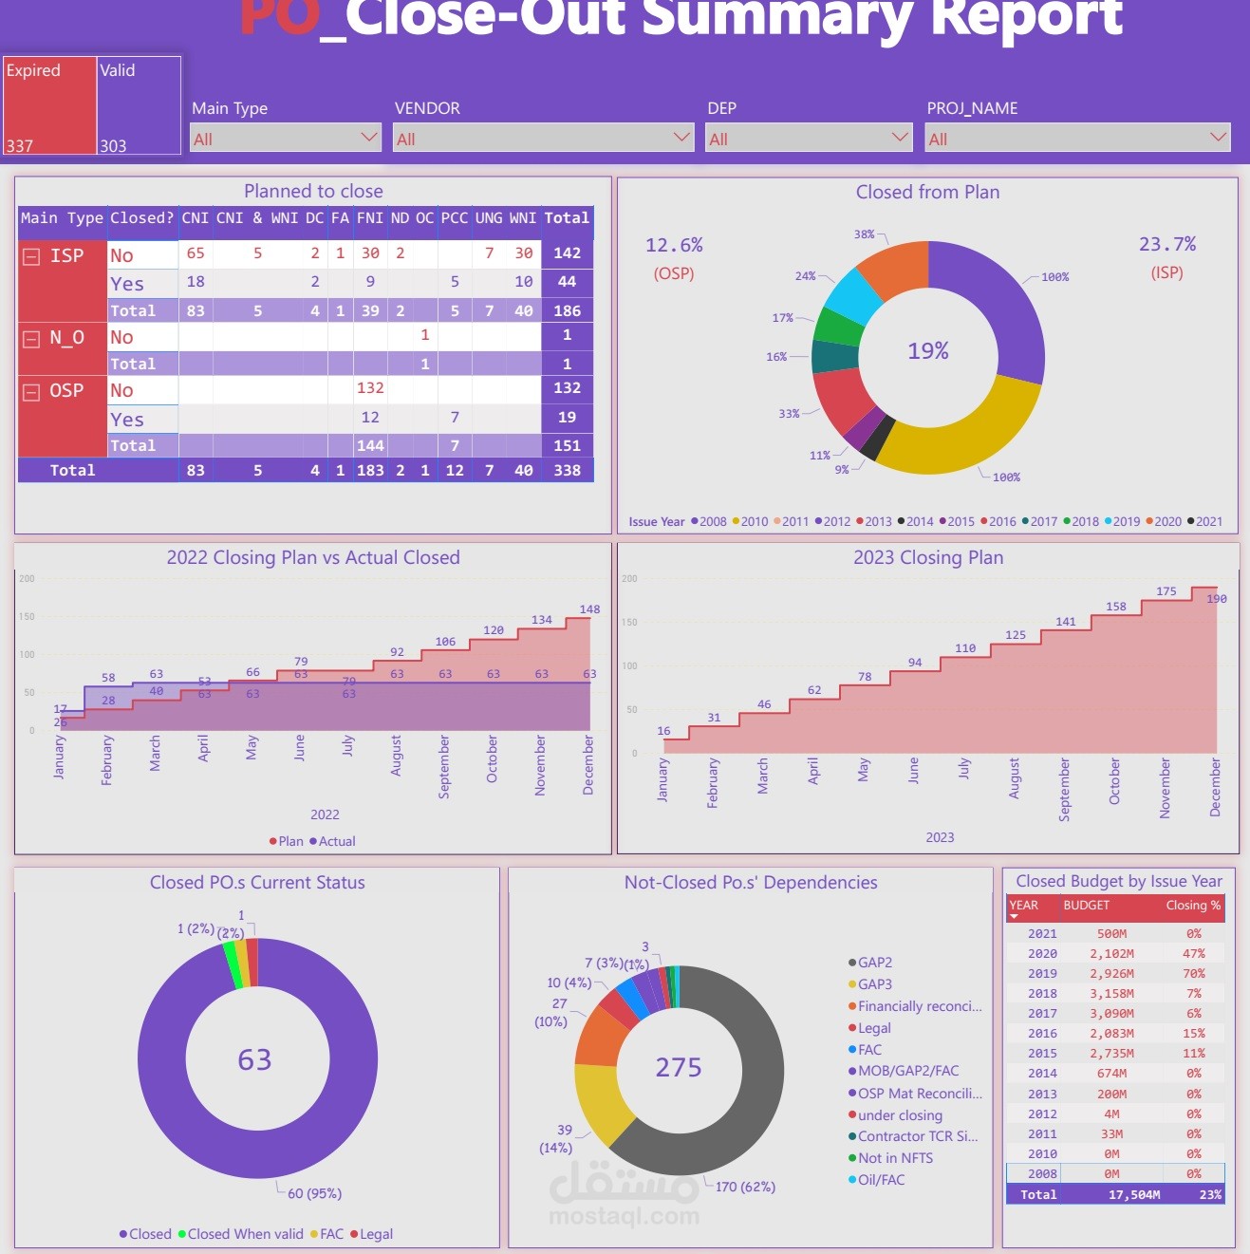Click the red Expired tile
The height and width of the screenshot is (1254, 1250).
tap(49, 105)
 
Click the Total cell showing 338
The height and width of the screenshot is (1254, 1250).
tap(567, 470)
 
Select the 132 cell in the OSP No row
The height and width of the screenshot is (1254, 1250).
tap(370, 388)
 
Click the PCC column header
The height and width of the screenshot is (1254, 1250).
tap(455, 218)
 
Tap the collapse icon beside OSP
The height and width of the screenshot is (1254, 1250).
tap(31, 392)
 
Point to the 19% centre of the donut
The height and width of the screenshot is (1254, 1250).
tap(928, 351)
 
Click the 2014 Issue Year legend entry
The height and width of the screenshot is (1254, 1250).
tap(915, 521)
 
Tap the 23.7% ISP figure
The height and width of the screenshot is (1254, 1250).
tap(1166, 245)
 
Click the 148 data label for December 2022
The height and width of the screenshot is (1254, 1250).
tap(589, 609)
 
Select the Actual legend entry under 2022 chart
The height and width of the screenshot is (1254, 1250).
tap(332, 841)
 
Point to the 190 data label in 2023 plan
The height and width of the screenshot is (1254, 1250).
tap(1217, 599)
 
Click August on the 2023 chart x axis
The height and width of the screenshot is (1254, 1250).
tap(1015, 778)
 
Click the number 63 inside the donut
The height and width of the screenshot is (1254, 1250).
tap(254, 1059)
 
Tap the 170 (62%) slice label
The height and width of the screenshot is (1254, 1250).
tap(745, 1187)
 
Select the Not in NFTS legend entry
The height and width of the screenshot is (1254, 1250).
tap(894, 1158)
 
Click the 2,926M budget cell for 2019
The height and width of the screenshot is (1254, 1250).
tap(1111, 974)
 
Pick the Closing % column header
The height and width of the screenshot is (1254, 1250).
tap(1193, 906)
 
